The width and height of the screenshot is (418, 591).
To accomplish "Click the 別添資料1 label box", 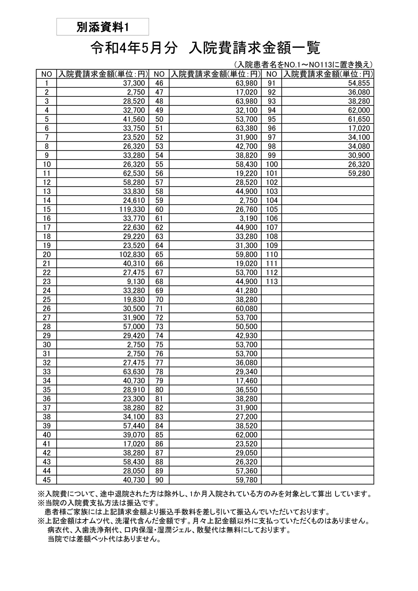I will (x=102, y=27).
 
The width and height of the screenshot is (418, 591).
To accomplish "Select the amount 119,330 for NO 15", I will (x=132, y=209).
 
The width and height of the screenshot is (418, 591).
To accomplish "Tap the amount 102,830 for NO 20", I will (x=132, y=254).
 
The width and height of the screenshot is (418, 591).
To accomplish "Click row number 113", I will (x=272, y=281).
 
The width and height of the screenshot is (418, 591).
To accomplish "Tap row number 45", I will (x=47, y=480).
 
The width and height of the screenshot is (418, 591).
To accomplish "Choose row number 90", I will (x=159, y=480).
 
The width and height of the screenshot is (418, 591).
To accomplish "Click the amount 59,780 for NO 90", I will (x=246, y=480).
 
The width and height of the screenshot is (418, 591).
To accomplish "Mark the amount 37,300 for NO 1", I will (x=134, y=83).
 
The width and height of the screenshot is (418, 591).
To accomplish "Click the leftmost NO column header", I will (x=47, y=74).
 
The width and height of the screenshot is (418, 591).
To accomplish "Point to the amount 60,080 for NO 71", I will (x=246, y=308).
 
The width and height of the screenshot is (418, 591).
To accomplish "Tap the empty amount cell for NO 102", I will (x=328, y=182).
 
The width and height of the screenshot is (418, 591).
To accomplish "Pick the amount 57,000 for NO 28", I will (x=134, y=326).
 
